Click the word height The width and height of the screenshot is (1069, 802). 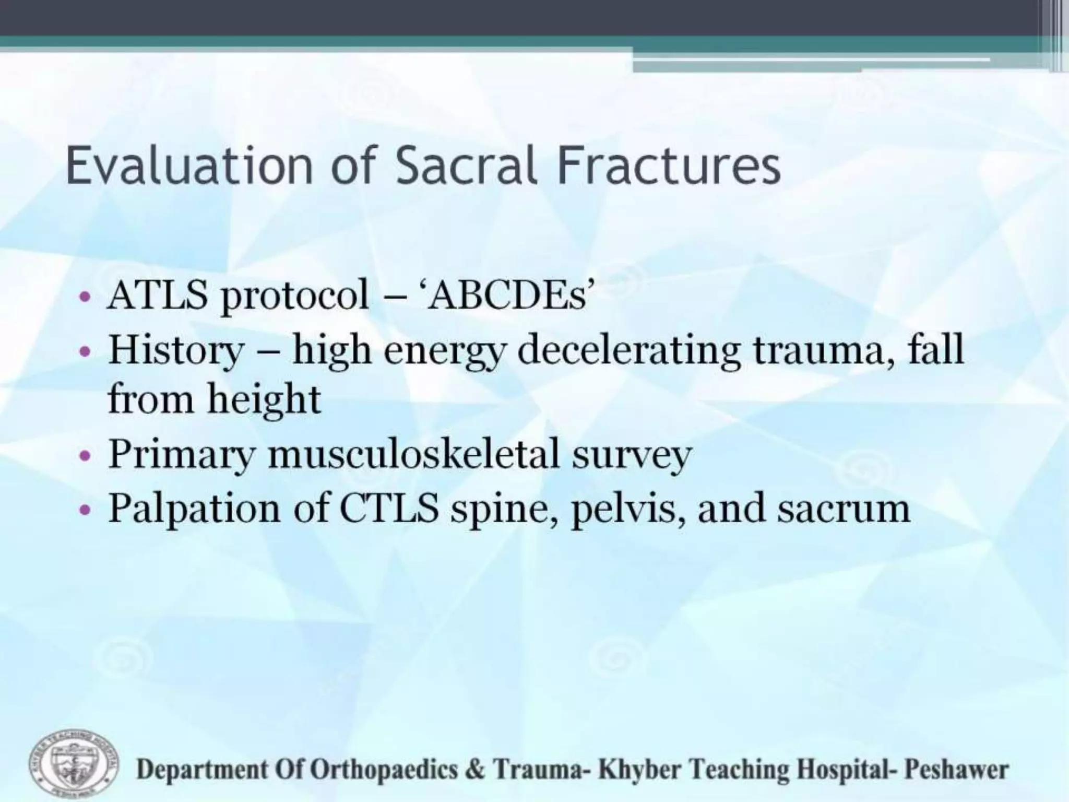point(264,399)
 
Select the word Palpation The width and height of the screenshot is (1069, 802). point(194,509)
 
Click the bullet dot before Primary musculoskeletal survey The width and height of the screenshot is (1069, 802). point(86,455)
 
